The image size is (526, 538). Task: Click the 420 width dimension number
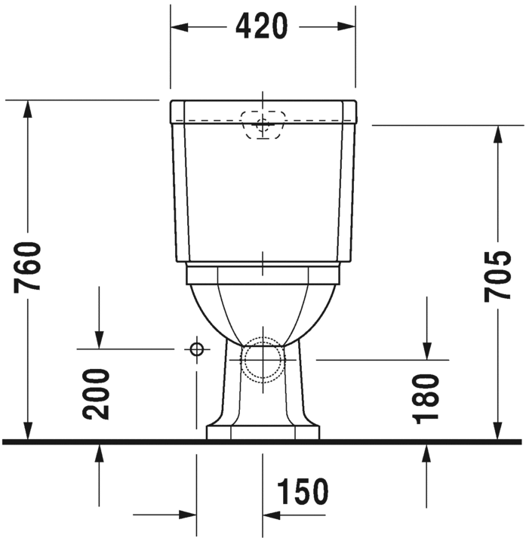tap(262, 26)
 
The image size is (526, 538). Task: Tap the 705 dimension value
tap(498, 275)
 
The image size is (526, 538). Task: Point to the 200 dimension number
tap(97, 393)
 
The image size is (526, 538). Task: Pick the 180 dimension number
tap(426, 398)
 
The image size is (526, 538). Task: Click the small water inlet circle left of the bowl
tap(196, 349)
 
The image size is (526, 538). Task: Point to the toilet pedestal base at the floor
tap(263, 432)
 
